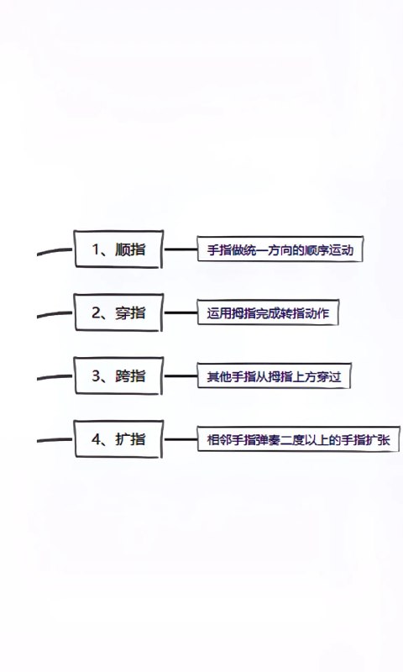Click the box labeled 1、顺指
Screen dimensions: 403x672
(118, 249)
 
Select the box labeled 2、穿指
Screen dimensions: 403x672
(118, 312)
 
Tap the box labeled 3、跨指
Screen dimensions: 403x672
(118, 375)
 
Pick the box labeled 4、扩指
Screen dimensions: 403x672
(118, 439)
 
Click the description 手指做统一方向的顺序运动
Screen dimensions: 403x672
(280, 249)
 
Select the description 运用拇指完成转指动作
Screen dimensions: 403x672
(268, 312)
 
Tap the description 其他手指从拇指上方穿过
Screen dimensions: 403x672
(274, 375)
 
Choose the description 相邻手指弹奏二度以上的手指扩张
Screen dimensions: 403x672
(299, 439)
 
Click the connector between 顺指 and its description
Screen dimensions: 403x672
(181, 249)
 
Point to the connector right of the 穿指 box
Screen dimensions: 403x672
(181, 312)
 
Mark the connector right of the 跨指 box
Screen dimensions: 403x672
(181, 376)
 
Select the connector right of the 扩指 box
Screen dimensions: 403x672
(181, 439)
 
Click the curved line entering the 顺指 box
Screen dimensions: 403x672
(55, 250)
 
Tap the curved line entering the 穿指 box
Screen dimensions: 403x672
(55, 314)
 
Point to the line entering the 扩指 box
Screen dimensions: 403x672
(55, 439)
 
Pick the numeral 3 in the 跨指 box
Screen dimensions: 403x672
(96, 375)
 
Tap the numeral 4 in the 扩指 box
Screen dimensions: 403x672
(96, 439)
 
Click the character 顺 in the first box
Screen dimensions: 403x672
(122, 249)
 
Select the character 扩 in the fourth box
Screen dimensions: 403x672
(122, 439)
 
